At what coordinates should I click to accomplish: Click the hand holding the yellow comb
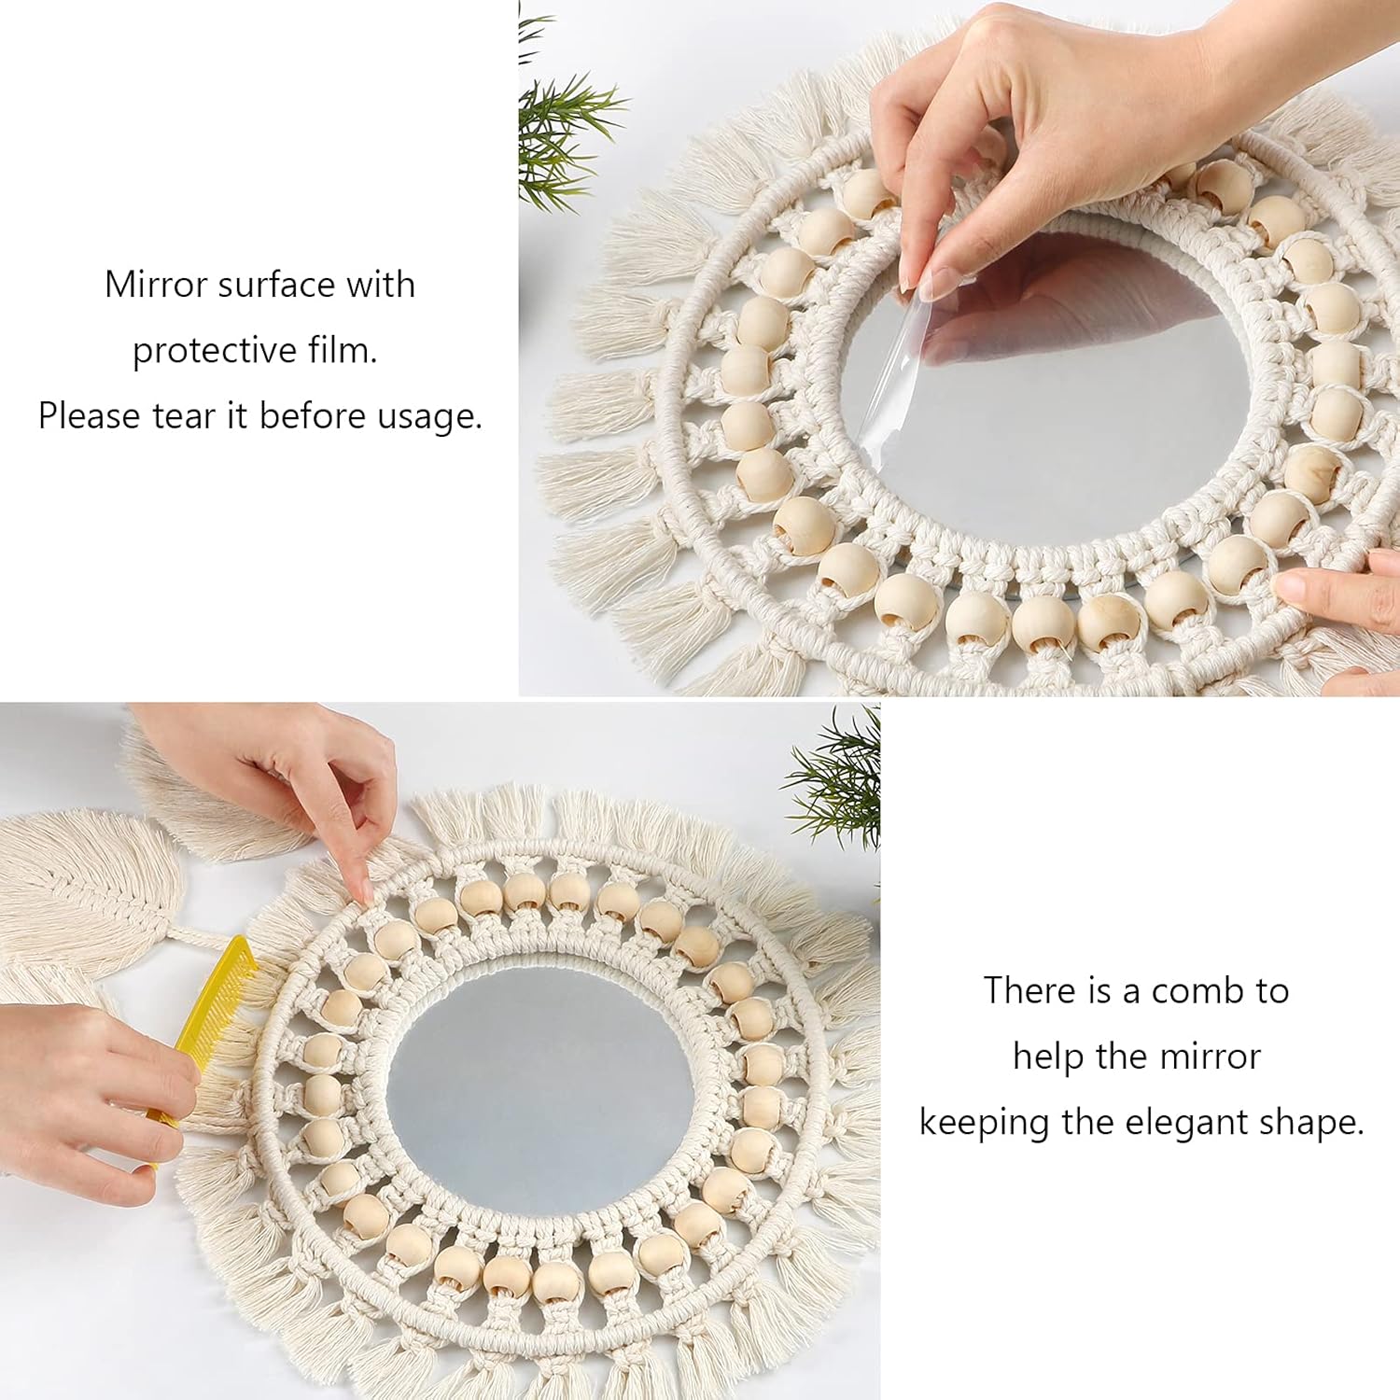pyautogui.click(x=84, y=1092)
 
